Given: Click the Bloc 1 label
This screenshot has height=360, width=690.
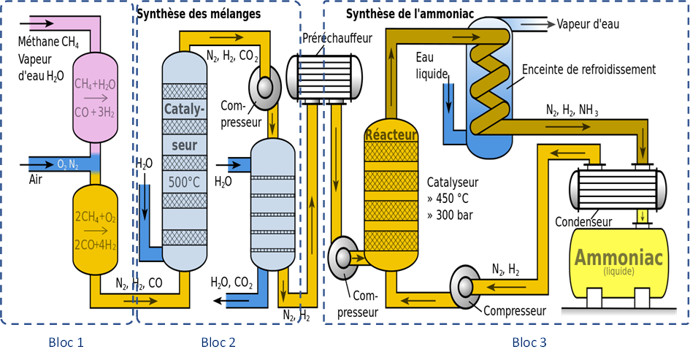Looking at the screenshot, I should pos(66,342).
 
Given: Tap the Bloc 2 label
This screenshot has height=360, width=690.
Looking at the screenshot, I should pos(218,342).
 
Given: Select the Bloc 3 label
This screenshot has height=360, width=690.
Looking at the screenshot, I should pos(529,342).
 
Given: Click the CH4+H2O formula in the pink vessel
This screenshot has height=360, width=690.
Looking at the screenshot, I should pos(95,85).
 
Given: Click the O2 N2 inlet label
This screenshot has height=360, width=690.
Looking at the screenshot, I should pos(68,163).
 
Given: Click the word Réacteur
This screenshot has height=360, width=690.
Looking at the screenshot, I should pos(391,135).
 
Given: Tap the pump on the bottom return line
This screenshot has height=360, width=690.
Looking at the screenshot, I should pos(465,285).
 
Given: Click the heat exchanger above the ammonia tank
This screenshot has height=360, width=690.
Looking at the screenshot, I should pos(618,187).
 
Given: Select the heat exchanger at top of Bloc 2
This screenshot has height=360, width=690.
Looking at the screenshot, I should pos(326,76).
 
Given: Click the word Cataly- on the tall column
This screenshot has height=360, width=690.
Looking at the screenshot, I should pos(184,112).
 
